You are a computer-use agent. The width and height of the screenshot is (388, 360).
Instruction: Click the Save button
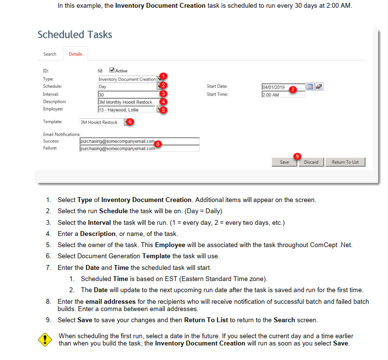(x=284, y=162)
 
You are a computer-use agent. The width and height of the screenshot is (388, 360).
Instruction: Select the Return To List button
(x=345, y=162)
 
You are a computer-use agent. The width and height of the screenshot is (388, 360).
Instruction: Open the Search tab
(x=50, y=54)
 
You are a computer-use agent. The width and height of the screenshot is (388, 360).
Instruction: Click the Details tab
(x=75, y=54)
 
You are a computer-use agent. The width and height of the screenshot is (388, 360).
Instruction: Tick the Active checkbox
(x=112, y=70)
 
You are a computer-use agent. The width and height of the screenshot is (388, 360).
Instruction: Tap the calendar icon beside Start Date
(x=310, y=87)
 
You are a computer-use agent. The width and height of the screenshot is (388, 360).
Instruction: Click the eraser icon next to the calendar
(x=319, y=87)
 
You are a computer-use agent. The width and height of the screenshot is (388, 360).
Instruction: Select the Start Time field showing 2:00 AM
(x=283, y=94)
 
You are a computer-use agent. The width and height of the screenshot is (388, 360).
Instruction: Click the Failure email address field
(x=140, y=149)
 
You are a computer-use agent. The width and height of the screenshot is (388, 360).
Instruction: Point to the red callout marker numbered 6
(x=130, y=122)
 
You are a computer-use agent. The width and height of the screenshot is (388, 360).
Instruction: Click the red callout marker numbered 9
(x=297, y=157)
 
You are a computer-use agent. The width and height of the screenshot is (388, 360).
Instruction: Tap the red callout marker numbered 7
(x=293, y=89)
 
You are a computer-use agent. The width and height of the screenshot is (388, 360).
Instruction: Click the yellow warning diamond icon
(x=45, y=339)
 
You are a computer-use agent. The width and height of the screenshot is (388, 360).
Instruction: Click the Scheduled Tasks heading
(x=75, y=35)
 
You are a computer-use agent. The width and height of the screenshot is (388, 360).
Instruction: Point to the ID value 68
(x=100, y=71)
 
